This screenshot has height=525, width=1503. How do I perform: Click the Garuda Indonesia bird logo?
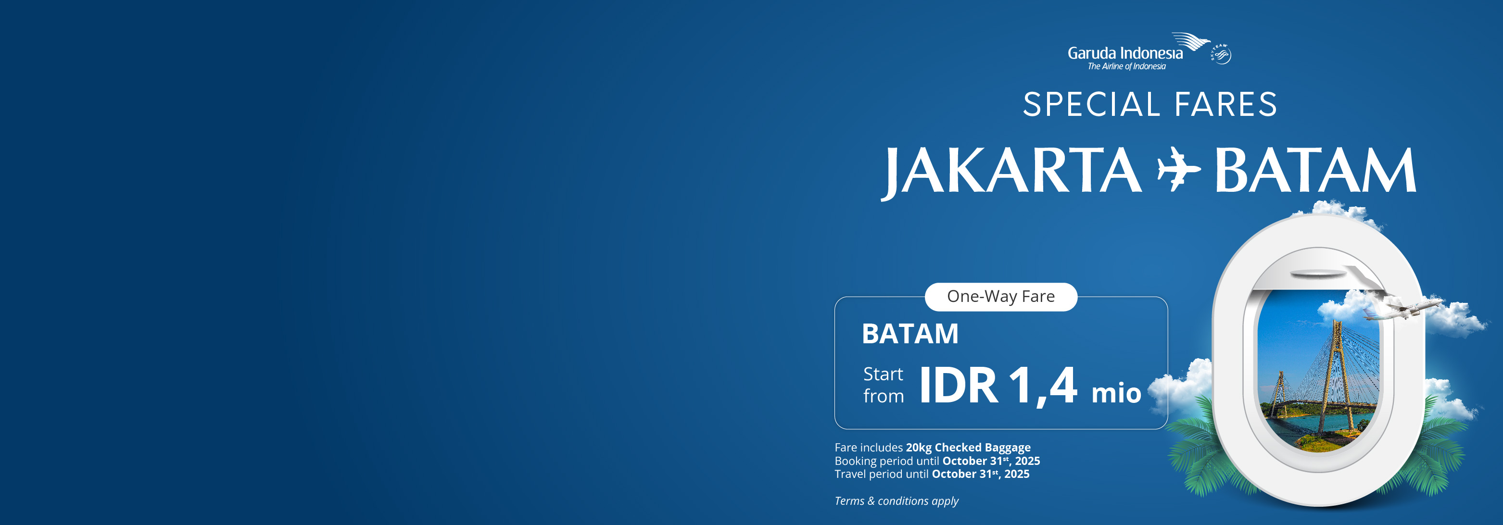pos(1191,42)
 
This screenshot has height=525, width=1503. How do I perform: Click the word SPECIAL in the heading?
pos(1092,105)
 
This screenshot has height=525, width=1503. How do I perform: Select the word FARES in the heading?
pos(1225,105)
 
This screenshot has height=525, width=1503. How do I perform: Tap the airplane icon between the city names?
pos(1179,169)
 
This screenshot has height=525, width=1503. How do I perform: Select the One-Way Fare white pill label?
pos(1001,297)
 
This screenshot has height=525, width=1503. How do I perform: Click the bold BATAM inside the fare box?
pos(910,334)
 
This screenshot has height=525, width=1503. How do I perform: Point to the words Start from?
pos(884,385)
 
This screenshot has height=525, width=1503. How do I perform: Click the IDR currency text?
pos(959,386)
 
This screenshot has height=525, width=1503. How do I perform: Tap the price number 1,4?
pos(1043,386)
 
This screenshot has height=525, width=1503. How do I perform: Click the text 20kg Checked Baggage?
pos(968,448)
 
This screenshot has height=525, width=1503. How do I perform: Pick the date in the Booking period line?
pos(991,461)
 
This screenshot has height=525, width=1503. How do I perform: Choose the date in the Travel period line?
pos(980,474)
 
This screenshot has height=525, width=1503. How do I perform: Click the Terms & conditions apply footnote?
pos(896,501)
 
